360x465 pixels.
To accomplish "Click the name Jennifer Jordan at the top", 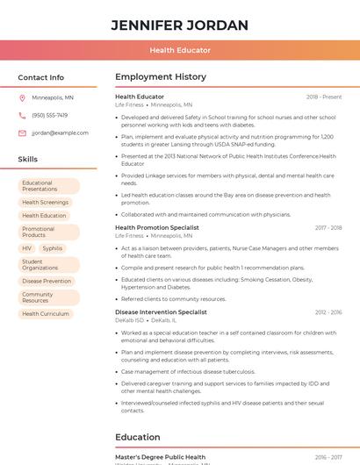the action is click(x=180, y=25).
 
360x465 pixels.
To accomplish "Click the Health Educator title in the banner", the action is click(x=180, y=50).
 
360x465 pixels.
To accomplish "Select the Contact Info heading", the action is click(x=40, y=77).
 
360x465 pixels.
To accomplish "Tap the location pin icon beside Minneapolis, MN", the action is click(x=22, y=97).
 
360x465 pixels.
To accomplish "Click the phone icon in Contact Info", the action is click(x=22, y=115).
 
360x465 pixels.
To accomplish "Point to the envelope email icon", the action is click(x=22, y=133).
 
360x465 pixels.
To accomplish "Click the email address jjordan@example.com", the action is click(x=60, y=133).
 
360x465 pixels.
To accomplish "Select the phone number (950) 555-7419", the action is click(x=49, y=115).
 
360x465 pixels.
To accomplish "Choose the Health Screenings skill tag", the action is click(x=46, y=203).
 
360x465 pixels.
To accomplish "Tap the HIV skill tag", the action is click(x=27, y=248).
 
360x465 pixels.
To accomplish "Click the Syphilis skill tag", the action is click(x=53, y=248).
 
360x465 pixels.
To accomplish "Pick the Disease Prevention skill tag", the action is click(x=47, y=282).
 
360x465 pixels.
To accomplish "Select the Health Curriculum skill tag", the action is click(x=46, y=314).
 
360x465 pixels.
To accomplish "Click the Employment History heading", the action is click(x=161, y=77).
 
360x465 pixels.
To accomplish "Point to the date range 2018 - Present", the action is click(x=324, y=97).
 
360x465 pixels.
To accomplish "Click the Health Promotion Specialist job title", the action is click(x=157, y=227).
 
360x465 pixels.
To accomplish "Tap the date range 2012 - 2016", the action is click(x=328, y=312).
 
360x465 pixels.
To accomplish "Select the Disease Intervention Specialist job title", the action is click(x=161, y=312).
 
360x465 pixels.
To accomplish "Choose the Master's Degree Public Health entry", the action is click(x=160, y=457).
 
